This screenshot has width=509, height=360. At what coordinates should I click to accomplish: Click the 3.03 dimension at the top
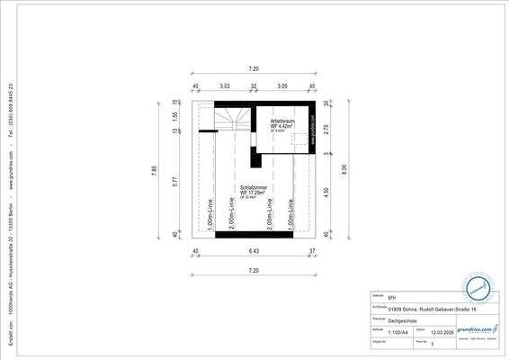tap(225, 86)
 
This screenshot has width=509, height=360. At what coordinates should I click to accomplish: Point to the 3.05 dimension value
tap(281, 86)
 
